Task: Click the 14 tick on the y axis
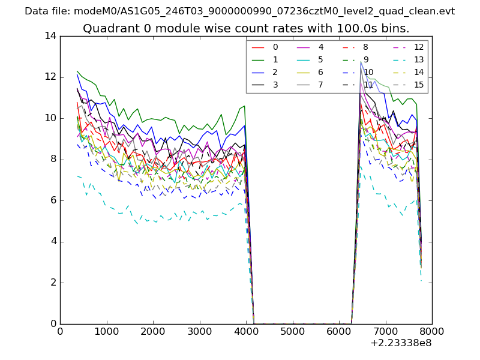pos(50,36)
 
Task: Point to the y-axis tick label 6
pos(53,200)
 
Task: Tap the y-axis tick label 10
pos(50,118)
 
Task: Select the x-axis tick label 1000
pos(106,331)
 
